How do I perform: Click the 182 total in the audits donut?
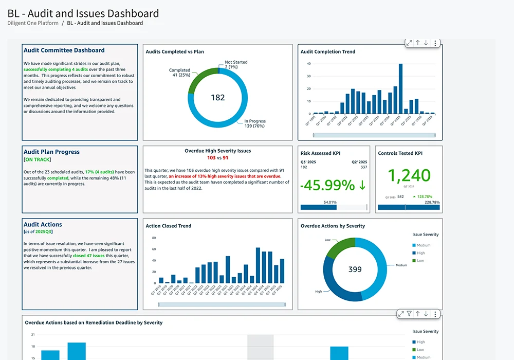(217, 97)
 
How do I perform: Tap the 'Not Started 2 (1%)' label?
(236, 65)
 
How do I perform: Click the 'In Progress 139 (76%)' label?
(254, 124)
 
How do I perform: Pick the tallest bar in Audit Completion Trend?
(400, 88)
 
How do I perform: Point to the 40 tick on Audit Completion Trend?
(308, 64)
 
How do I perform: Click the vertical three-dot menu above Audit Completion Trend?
(435, 43)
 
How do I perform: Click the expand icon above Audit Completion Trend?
(409, 43)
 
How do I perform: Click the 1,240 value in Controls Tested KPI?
(409, 175)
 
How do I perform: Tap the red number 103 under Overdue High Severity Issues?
(211, 158)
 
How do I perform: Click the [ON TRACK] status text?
(37, 160)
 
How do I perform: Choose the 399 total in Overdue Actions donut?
(355, 269)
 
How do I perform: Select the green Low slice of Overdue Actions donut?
(339, 248)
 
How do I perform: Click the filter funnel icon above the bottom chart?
(409, 314)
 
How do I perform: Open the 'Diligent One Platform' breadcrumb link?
(33, 23)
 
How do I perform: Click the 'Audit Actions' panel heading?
(43, 225)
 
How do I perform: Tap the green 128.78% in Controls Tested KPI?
(424, 196)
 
